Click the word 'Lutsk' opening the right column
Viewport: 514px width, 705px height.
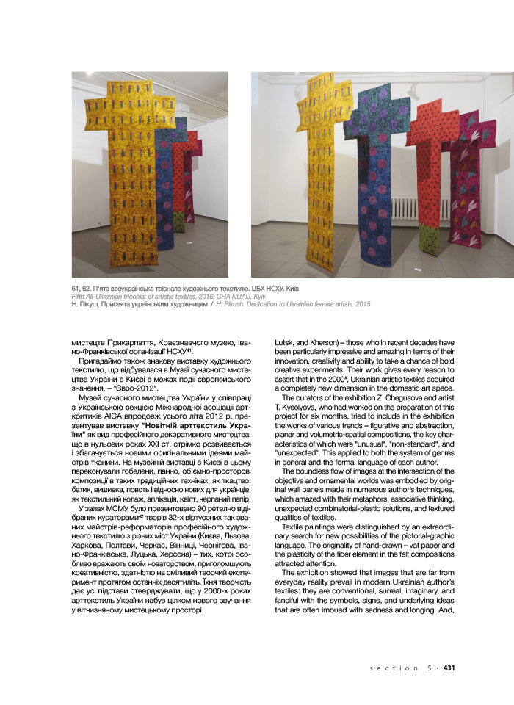pos(286,342)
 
